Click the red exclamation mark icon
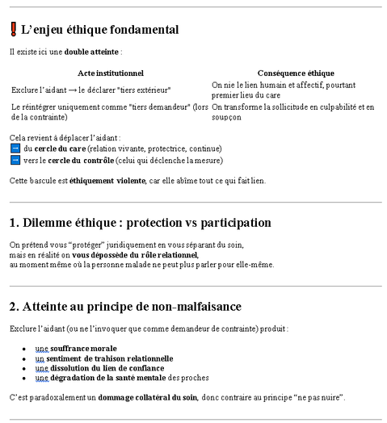pyautogui.click(x=14, y=30)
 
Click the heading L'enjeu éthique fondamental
pyautogui.click(x=100, y=30)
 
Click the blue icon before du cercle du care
pyautogui.click(x=15, y=149)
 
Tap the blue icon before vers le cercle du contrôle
pyautogui.click(x=15, y=160)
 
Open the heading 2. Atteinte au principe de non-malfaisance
pyautogui.click(x=125, y=307)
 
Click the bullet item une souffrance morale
pyautogui.click(x=82, y=348)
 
